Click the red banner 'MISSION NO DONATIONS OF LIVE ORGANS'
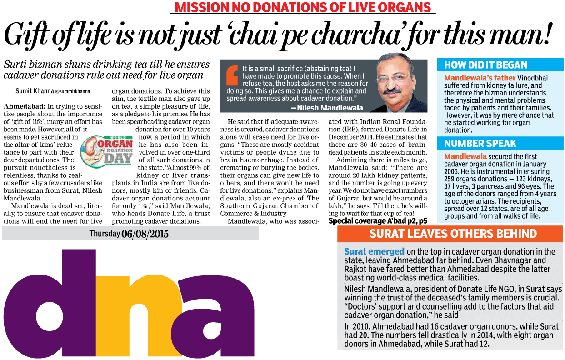[303, 8]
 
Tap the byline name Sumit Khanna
[34, 91]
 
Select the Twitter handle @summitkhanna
[73, 91]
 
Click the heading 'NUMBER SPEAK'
[480, 144]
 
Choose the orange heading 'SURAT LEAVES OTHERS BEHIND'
[453, 234]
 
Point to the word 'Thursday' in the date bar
[105, 234]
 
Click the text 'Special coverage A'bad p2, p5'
[378, 221]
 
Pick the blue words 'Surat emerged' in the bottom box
[374, 251]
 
